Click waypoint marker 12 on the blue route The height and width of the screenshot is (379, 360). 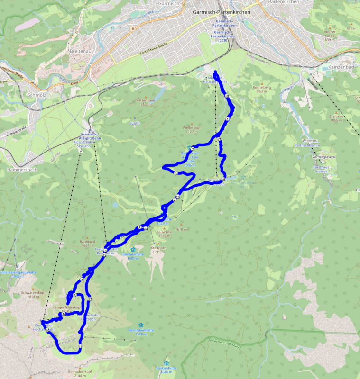89,299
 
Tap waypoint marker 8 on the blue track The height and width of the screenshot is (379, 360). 75,296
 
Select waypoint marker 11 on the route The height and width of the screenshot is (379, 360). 80,347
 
